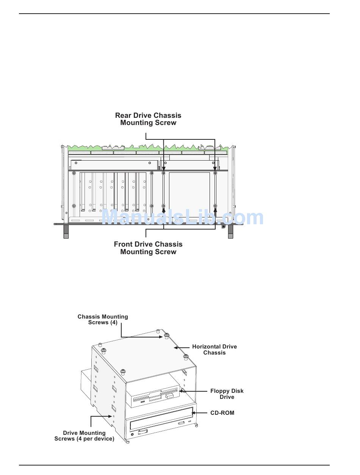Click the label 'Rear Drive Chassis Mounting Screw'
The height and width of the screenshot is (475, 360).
pos(148,119)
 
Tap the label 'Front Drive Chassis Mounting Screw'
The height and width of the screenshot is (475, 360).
pos(148,248)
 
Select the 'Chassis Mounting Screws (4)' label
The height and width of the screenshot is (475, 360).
pos(103,319)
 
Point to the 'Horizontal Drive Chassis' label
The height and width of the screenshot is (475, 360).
pos(214,350)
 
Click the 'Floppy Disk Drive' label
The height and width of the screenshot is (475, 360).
pos(227,394)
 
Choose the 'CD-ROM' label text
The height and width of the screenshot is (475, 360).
pos(222,413)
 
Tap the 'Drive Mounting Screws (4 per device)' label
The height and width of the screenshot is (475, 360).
pos(84,436)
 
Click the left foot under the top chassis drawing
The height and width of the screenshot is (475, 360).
pos(66,232)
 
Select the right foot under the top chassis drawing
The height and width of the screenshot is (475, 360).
pos(230,232)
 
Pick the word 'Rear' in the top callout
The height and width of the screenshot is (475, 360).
pos(123,116)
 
